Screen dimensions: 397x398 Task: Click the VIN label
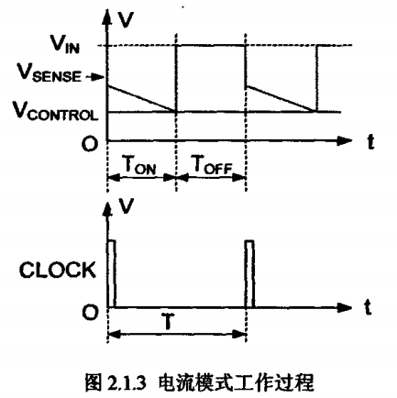tap(65, 46)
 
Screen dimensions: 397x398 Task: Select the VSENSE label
tap(49, 73)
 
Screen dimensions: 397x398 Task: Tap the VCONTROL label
tap(55, 111)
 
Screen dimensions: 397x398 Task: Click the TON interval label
tap(139, 165)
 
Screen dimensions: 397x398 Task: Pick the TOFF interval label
tap(211, 165)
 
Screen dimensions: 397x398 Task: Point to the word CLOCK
tap(57, 270)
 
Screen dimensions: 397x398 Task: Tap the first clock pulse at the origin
tap(112, 274)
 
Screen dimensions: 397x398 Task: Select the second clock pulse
tap(249, 274)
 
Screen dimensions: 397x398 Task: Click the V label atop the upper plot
tap(126, 20)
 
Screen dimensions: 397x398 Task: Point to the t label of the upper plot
tap(370, 142)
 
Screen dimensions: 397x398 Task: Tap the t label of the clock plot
tap(369, 307)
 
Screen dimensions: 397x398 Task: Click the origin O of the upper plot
tap(90, 144)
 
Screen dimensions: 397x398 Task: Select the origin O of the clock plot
tap(90, 312)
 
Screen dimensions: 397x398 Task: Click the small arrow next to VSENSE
tap(94, 77)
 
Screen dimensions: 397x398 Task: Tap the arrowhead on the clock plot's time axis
tap(344, 307)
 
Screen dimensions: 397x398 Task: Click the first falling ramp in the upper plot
tap(142, 99)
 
